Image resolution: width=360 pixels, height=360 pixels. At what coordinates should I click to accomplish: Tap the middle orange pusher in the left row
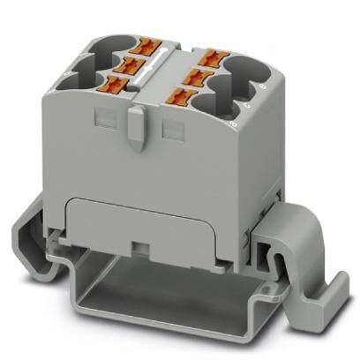click(x=137, y=63)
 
